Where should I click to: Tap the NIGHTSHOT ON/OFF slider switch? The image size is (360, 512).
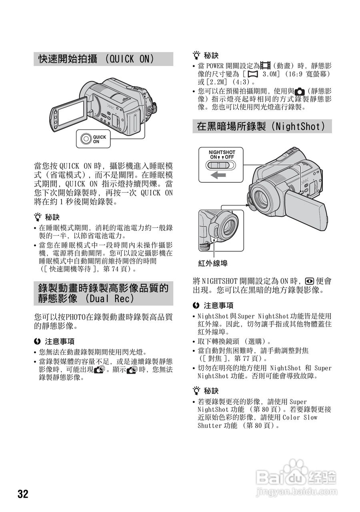click(220, 166)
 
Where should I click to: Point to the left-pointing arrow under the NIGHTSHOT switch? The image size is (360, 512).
click(218, 175)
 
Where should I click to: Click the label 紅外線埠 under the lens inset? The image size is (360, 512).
click(213, 264)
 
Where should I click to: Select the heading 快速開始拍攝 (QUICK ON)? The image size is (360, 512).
click(96, 59)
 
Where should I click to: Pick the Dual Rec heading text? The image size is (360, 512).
click(103, 294)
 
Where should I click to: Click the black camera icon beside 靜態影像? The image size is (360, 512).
click(300, 92)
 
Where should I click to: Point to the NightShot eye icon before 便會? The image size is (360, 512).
click(309, 281)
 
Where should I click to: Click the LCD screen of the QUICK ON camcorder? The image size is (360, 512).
click(71, 113)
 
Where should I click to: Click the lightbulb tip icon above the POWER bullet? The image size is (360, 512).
click(196, 55)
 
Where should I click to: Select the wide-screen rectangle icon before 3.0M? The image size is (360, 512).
click(253, 74)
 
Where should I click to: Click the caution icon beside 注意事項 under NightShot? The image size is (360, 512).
click(196, 305)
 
